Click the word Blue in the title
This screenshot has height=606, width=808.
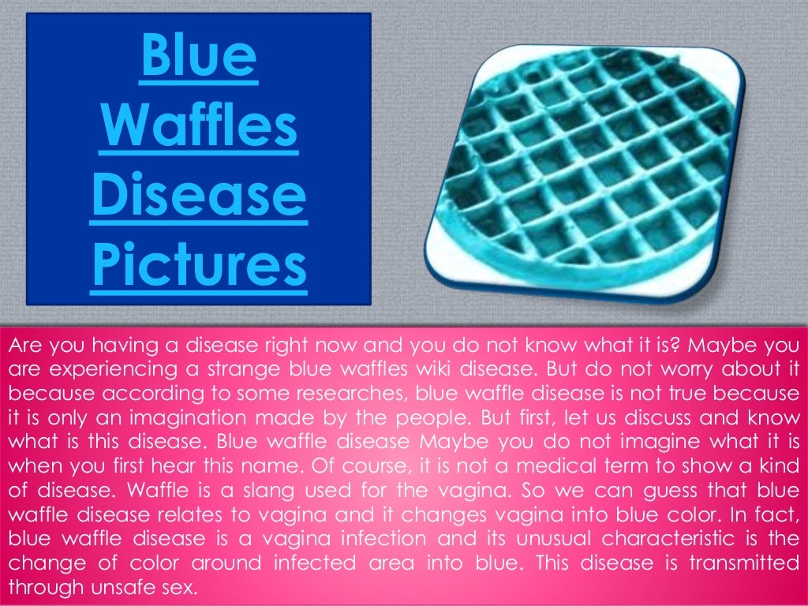tap(199, 58)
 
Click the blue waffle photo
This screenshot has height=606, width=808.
tap(585, 167)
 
